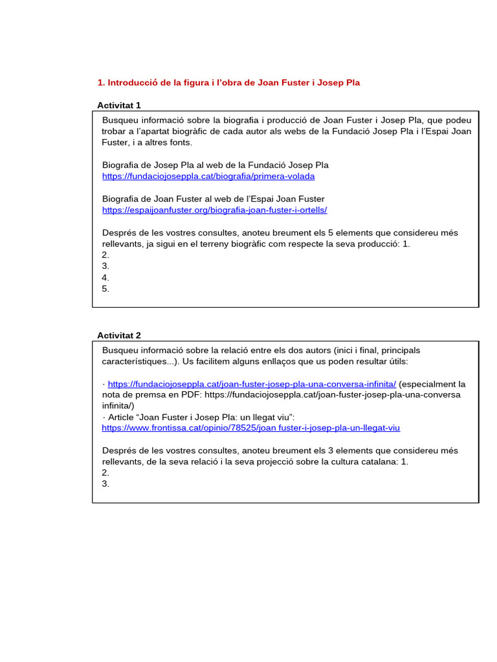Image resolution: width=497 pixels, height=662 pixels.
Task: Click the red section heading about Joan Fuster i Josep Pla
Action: (228, 83)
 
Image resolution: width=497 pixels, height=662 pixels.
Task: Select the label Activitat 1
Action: (119, 105)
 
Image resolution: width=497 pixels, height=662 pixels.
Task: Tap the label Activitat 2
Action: (119, 335)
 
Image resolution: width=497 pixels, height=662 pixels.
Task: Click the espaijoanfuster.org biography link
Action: (215, 209)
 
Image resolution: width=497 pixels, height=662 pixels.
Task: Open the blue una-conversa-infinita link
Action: (252, 383)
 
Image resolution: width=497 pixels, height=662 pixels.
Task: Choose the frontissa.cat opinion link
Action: (251, 427)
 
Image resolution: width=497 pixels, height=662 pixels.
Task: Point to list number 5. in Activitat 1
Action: (105, 288)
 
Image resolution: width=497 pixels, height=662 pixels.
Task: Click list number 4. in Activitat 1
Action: (105, 277)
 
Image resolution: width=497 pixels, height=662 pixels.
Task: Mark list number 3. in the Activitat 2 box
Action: (105, 484)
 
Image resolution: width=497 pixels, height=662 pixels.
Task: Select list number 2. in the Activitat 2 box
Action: (105, 473)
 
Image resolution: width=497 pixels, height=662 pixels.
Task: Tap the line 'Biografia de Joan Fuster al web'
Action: (214, 198)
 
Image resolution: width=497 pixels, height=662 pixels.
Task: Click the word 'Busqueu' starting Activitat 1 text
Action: (120, 120)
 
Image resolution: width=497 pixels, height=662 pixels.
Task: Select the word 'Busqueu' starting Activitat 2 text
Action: (120, 350)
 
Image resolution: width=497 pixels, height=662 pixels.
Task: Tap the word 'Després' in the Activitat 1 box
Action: (120, 233)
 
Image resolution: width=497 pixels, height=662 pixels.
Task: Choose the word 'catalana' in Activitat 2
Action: (375, 462)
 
